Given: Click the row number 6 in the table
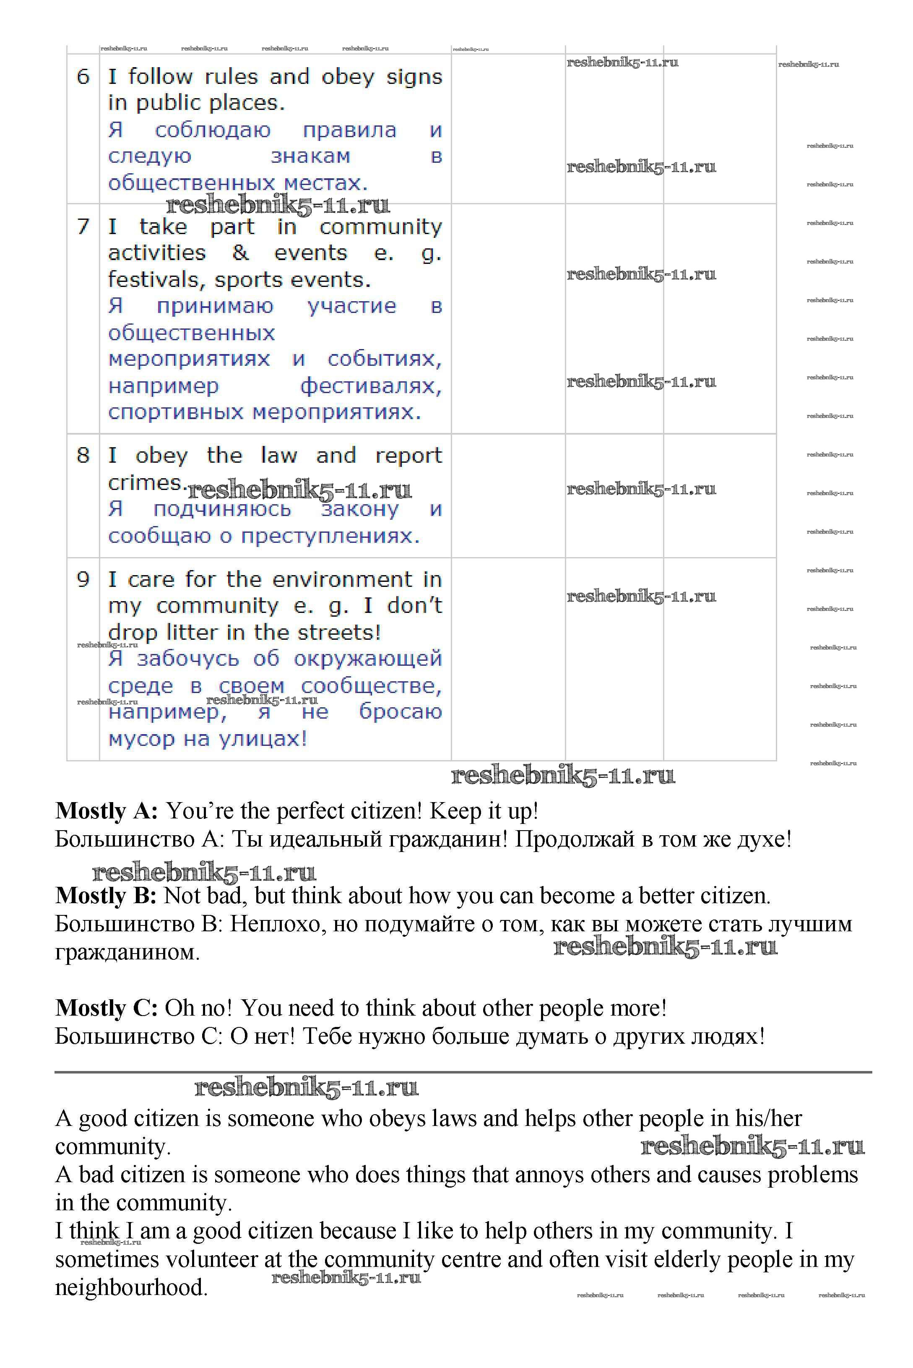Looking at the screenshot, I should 83,76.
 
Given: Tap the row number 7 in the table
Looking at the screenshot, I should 83,226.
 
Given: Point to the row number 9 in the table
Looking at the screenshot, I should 83,579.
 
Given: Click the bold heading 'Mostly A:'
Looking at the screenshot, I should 106,810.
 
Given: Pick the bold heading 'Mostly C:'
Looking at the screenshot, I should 106,1008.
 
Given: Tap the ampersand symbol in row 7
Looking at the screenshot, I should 240,253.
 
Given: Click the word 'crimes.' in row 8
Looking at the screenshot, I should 146,483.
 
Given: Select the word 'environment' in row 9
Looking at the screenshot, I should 342,579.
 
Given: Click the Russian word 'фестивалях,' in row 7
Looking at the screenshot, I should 371,386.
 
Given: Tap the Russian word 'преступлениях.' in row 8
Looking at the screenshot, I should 331,536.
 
